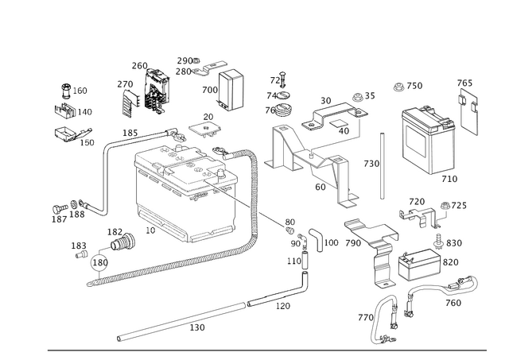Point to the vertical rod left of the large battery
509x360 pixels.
coord(383,163)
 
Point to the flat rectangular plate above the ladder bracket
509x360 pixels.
coord(370,230)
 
